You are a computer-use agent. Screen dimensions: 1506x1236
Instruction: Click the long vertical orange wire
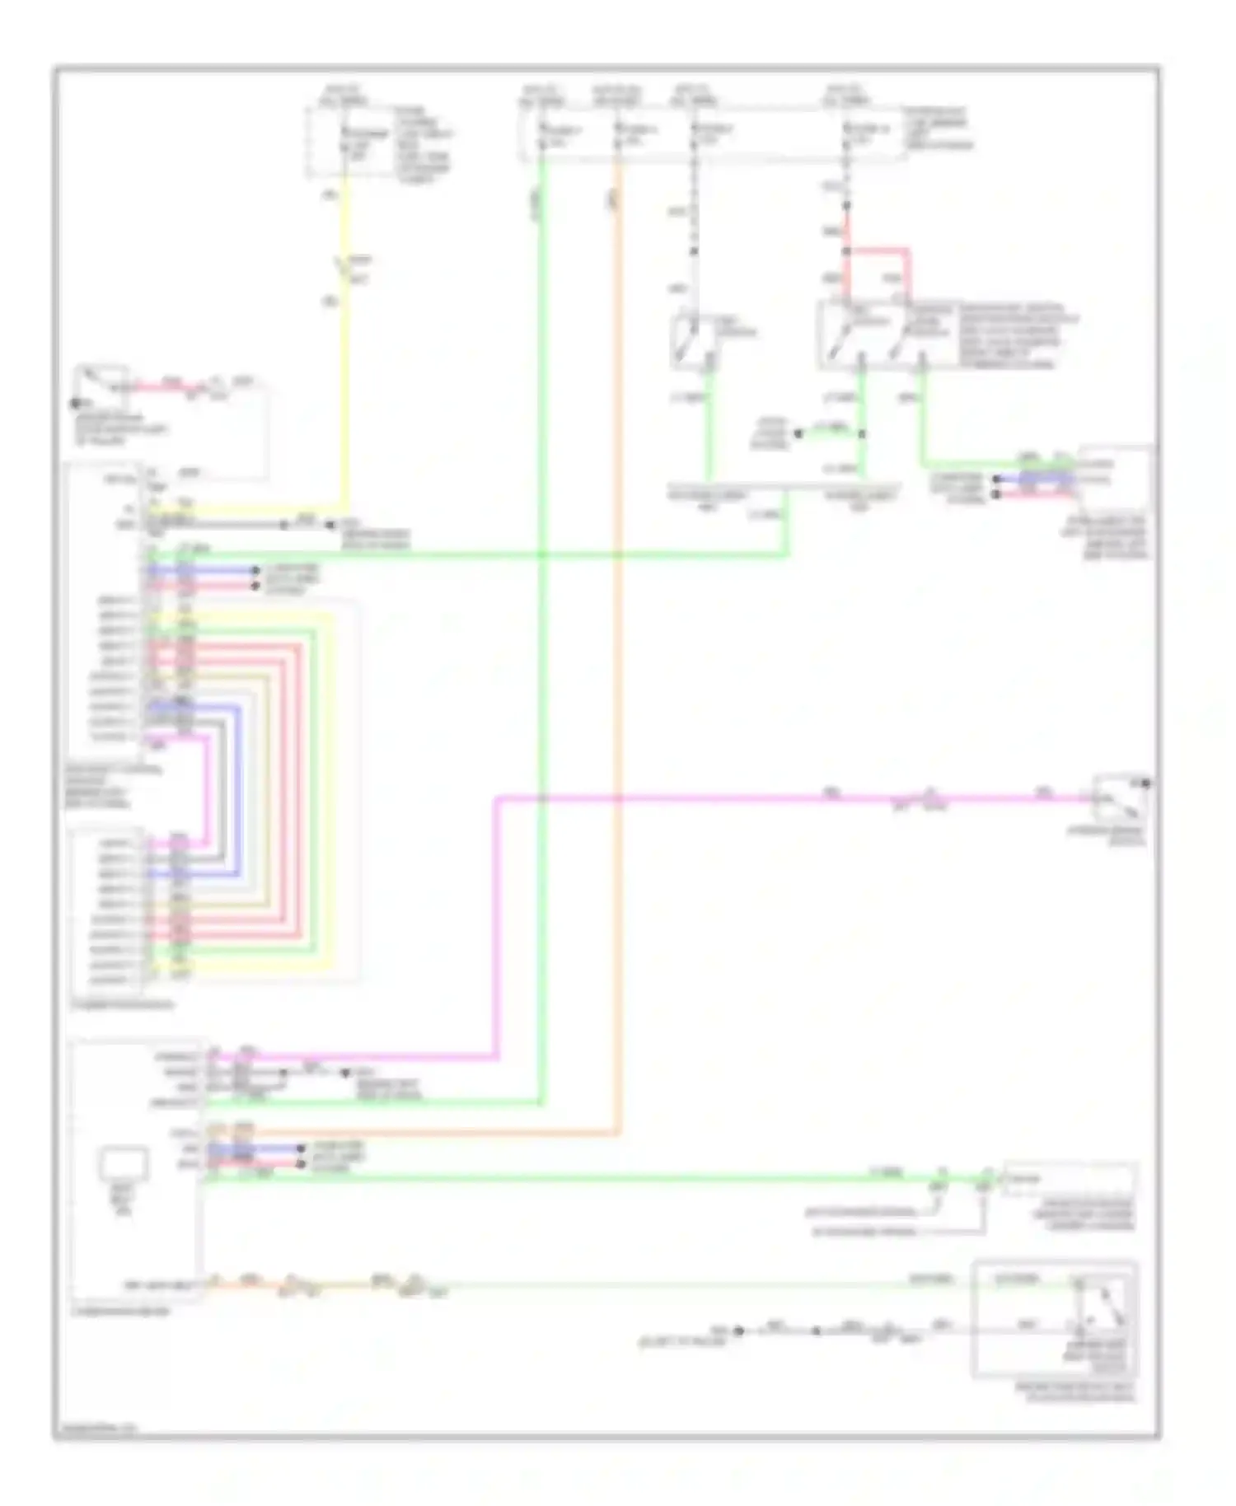click(618, 659)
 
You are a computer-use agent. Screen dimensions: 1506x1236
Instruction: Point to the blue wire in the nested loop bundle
click(240, 791)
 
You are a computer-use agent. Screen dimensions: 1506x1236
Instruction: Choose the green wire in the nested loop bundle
click(314, 791)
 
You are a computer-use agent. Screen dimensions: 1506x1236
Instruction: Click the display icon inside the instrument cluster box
click(124, 1164)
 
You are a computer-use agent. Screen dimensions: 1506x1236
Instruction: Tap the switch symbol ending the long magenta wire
click(1119, 797)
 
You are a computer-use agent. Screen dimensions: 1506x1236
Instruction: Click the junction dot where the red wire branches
click(846, 250)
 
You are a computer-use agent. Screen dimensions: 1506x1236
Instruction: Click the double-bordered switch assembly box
click(1055, 1318)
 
